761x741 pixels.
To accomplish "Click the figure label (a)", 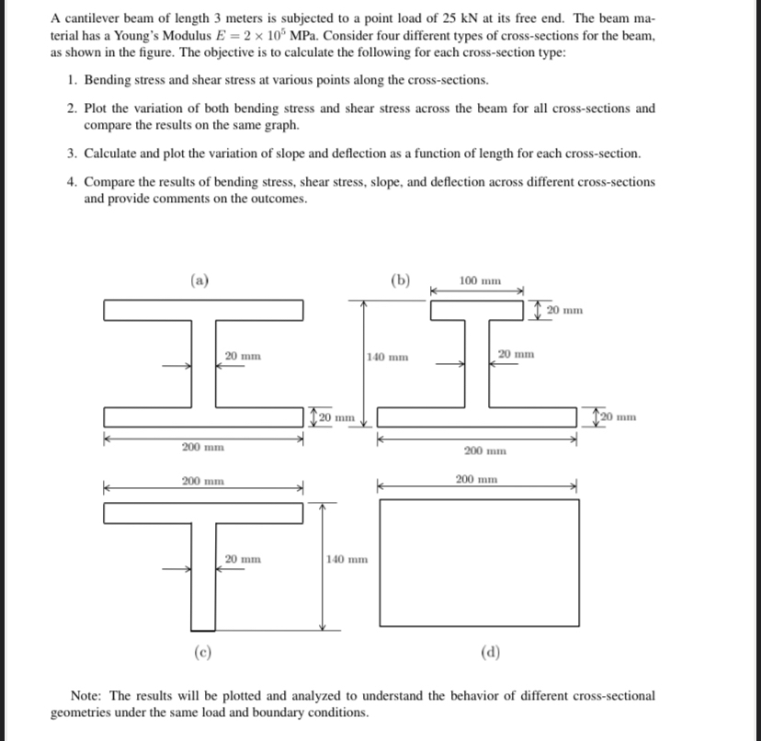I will point(198,281).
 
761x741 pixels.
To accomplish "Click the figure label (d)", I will point(489,654).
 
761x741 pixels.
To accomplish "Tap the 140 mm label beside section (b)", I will point(385,356).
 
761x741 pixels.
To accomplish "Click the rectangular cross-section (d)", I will point(478,563).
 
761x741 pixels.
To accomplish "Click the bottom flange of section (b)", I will point(477,418).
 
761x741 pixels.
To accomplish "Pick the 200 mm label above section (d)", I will point(478,479).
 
